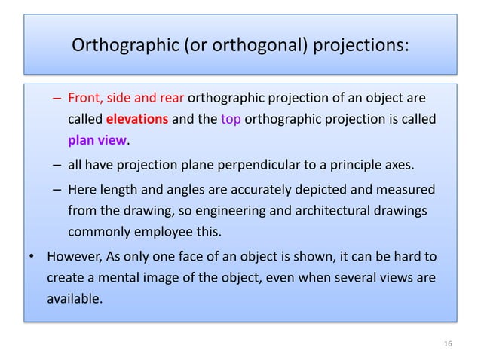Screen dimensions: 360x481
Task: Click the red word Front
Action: pyautogui.click(x=85, y=99)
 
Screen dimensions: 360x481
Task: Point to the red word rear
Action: pyautogui.click(x=171, y=99)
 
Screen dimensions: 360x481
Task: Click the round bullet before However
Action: pyautogui.click(x=32, y=258)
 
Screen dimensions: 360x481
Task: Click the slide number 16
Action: pyautogui.click(x=448, y=344)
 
